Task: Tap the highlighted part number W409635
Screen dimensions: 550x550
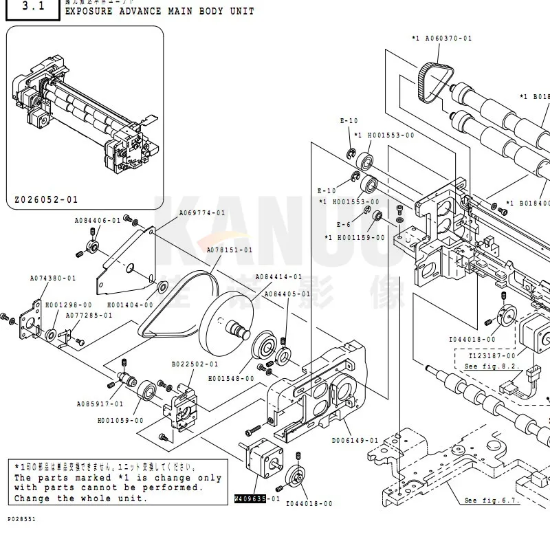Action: click(x=250, y=498)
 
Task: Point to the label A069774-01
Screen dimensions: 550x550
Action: click(x=202, y=213)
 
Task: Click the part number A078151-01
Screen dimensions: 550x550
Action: click(x=230, y=250)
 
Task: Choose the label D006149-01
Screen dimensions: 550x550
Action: click(x=355, y=440)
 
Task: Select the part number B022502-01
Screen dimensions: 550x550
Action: click(x=195, y=364)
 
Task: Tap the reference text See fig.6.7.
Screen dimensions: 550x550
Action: click(x=491, y=500)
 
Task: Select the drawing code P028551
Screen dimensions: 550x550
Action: click(x=22, y=519)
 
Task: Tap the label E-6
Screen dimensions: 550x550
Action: click(x=343, y=224)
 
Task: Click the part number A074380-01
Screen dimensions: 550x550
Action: click(x=53, y=278)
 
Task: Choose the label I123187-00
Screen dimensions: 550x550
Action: click(x=491, y=356)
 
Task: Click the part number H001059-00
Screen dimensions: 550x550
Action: click(x=120, y=420)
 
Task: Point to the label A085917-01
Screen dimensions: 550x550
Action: click(x=100, y=404)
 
